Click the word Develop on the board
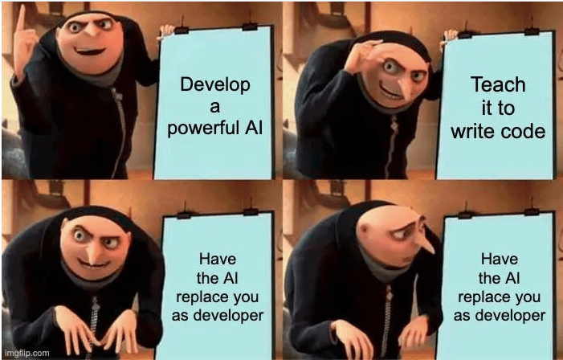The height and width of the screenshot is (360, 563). [215, 86]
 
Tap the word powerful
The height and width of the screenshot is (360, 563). [203, 128]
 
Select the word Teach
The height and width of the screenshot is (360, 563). [498, 84]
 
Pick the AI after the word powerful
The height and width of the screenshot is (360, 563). [254, 127]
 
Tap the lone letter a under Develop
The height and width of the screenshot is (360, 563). [214, 107]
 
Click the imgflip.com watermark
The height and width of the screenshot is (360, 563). [27, 353]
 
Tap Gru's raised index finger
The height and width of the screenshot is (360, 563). [21, 17]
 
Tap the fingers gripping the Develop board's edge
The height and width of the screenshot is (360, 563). [167, 31]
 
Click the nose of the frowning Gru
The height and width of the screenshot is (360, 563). [425, 243]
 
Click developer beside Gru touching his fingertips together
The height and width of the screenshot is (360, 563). [217, 316]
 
